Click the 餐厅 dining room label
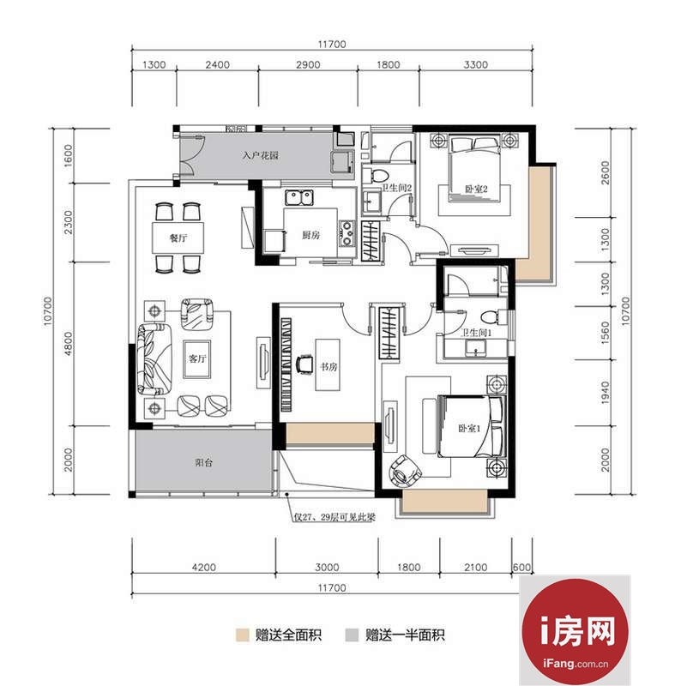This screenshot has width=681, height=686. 178,238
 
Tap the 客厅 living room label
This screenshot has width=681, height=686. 197,358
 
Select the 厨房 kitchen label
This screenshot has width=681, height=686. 310,235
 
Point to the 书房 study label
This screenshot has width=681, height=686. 328,366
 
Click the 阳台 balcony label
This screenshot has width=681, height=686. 204,462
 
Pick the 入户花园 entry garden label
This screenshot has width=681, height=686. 261,155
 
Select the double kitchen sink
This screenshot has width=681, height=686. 299,197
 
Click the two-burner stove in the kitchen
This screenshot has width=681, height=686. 347,233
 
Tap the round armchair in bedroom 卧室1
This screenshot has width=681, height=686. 405,472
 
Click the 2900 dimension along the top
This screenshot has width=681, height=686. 308,65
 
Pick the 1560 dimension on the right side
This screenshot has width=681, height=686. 606,333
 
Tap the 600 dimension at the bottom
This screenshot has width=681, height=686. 521,568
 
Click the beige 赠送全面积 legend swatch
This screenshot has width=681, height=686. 242,635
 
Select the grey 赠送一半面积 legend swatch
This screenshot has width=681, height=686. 352,635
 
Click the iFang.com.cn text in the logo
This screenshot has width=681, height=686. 576,663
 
